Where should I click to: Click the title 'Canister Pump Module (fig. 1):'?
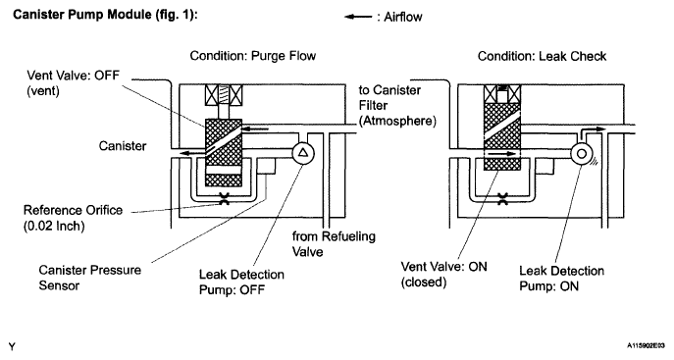click(x=105, y=15)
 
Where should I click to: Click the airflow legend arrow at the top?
click(x=358, y=18)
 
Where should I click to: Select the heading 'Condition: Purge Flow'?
click(x=253, y=56)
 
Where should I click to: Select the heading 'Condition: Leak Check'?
click(x=542, y=56)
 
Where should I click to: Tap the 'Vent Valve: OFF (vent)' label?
click(x=73, y=83)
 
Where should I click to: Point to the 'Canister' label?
click(x=123, y=146)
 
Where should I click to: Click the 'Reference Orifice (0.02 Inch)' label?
click(x=73, y=218)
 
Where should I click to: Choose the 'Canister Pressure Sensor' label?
click(x=90, y=278)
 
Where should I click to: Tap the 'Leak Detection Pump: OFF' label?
click(x=241, y=282)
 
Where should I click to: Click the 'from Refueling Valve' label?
click(x=334, y=243)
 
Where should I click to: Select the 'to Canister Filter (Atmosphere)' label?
click(x=397, y=105)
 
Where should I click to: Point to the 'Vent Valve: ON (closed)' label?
click(x=443, y=274)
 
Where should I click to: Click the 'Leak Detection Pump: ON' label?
click(x=561, y=279)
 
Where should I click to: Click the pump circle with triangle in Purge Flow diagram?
click(x=303, y=153)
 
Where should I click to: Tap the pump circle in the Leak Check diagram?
click(x=582, y=153)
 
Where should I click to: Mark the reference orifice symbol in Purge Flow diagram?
click(x=224, y=198)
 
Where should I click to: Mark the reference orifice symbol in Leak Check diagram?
click(x=502, y=198)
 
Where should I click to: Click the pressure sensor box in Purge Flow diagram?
click(x=266, y=166)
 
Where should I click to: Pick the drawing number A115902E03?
click(x=646, y=345)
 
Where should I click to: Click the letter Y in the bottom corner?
click(x=12, y=346)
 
